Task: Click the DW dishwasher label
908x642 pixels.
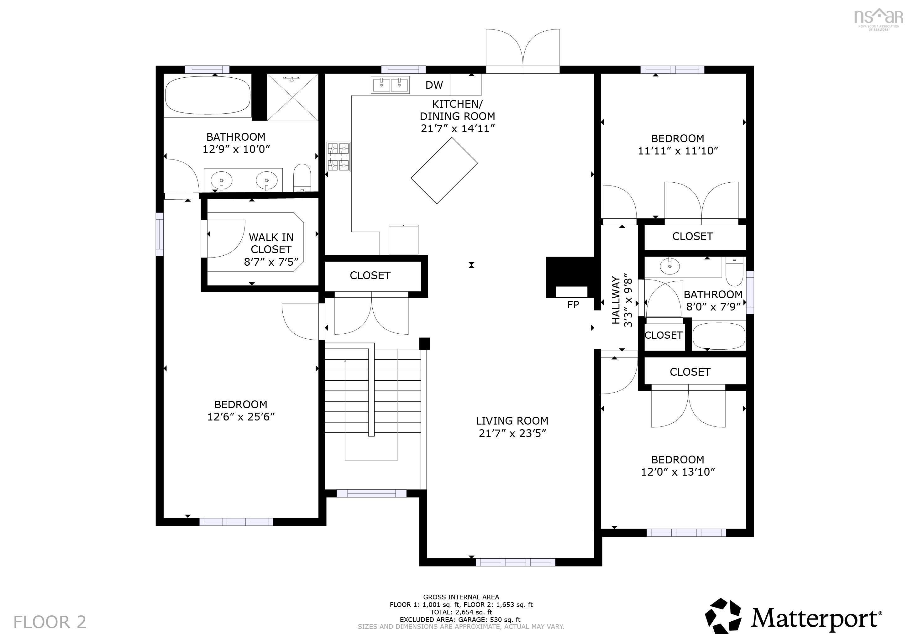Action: [x=434, y=85]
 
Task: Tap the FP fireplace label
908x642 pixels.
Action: [x=573, y=305]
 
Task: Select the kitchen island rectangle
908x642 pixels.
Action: [x=444, y=171]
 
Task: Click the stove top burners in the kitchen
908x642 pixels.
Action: [x=339, y=157]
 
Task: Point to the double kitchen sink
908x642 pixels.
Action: [x=390, y=85]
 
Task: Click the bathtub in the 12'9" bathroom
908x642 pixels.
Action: [x=207, y=95]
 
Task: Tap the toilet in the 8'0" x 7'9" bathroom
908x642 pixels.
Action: [x=735, y=272]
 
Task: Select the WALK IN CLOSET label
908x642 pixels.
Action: [x=271, y=243]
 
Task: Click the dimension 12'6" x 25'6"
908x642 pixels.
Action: [x=241, y=417]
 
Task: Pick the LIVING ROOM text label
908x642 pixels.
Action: [x=512, y=420]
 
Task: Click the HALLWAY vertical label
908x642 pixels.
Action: [x=616, y=300]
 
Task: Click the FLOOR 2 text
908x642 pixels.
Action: [x=50, y=622]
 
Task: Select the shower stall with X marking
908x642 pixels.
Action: [x=293, y=97]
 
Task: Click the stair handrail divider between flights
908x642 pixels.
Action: [x=371, y=389]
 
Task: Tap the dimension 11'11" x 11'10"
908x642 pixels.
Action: [x=678, y=151]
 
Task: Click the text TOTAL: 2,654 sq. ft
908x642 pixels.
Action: [x=461, y=612]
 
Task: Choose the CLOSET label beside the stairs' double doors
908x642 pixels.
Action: [x=370, y=275]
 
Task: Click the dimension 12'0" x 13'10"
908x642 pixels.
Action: [x=678, y=472]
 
